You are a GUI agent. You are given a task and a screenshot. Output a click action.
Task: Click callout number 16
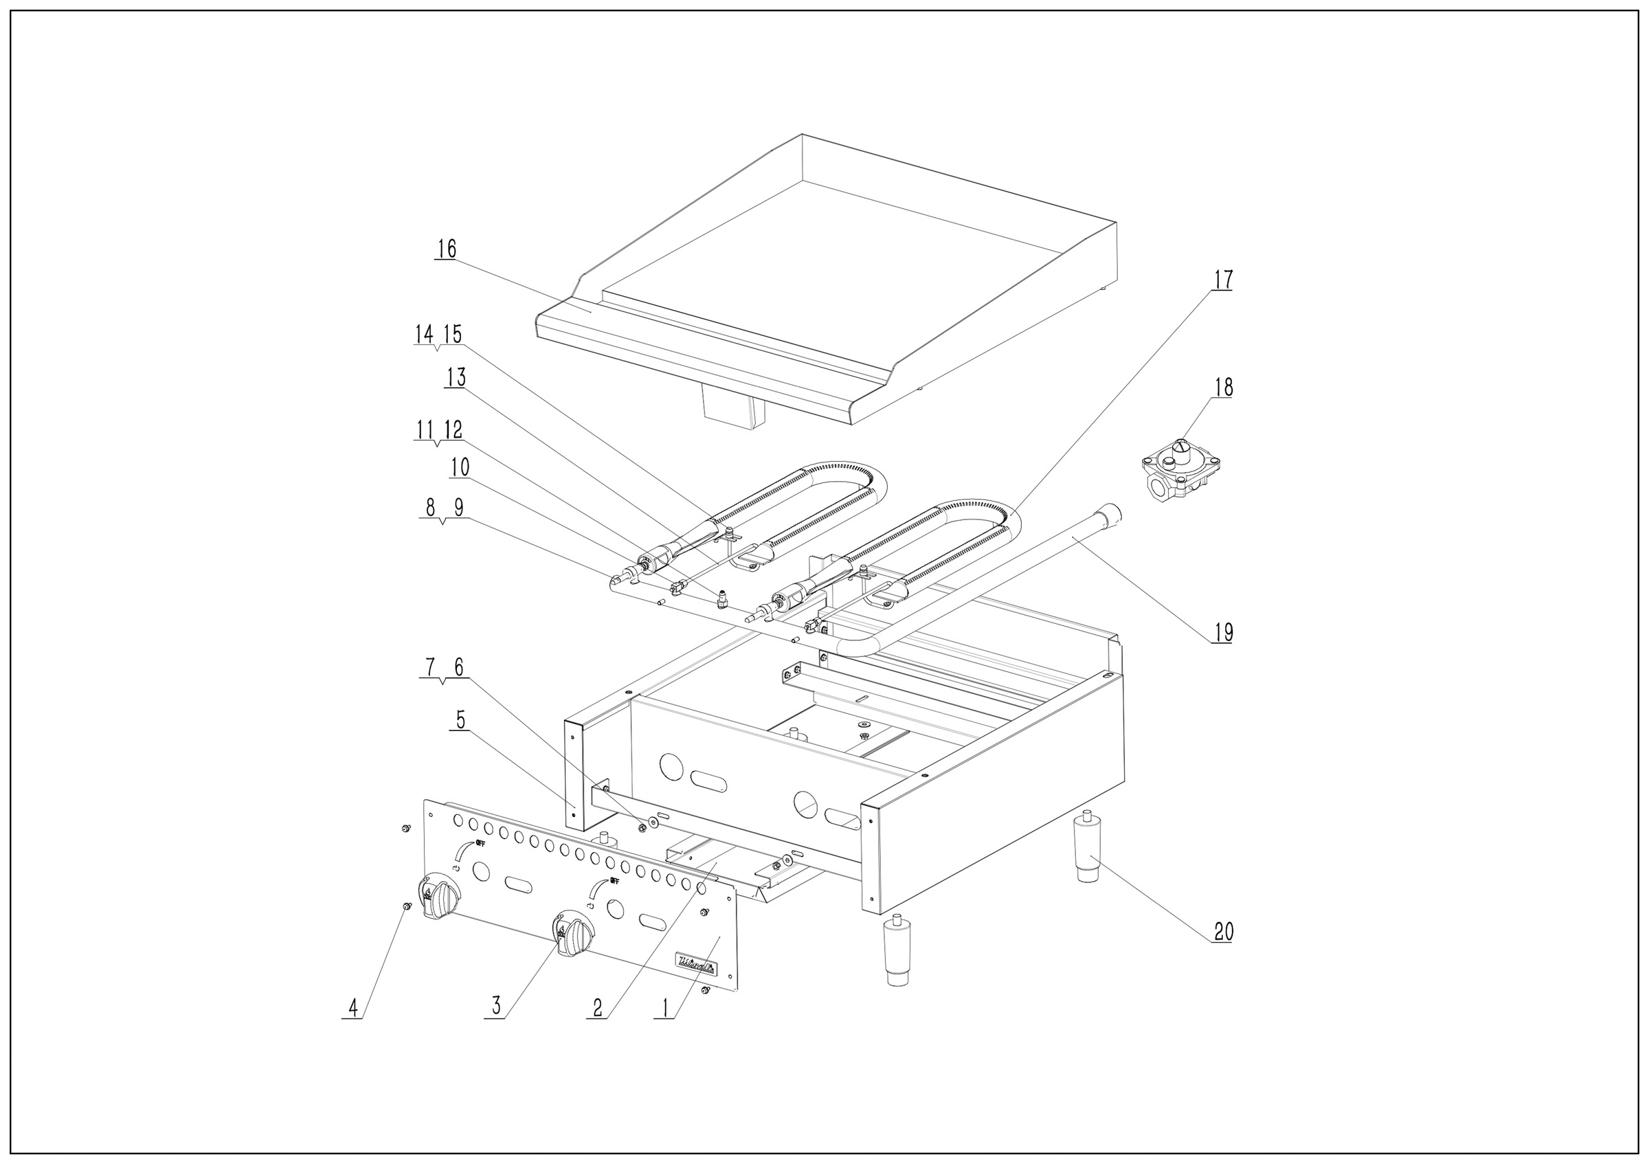[x=446, y=249]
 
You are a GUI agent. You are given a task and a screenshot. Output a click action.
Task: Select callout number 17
[x=1223, y=280]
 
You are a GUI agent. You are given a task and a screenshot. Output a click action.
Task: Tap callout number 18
[x=1223, y=388]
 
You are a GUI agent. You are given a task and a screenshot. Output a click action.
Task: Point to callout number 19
[x=1223, y=633]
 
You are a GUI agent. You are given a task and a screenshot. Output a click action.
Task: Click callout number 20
[x=1223, y=932]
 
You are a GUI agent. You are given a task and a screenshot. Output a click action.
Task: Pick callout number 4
[x=352, y=1008]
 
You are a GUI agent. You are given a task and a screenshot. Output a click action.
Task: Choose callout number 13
[x=456, y=378]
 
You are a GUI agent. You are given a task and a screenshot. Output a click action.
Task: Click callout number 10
[x=460, y=468]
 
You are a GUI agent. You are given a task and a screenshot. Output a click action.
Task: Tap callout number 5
[x=460, y=719]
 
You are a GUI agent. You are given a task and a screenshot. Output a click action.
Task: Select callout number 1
[x=664, y=1008]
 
